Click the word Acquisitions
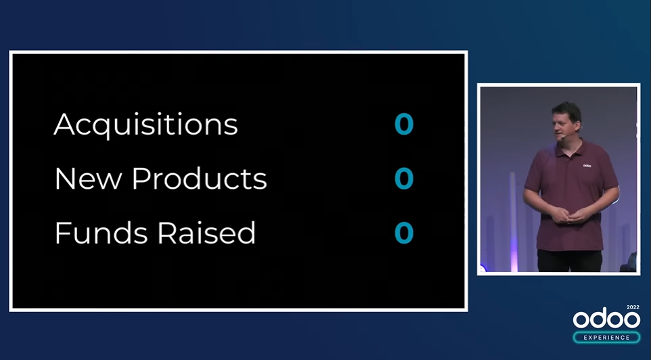[x=145, y=125]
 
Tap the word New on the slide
[x=89, y=179]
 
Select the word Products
[x=199, y=179]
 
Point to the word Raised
[x=206, y=233]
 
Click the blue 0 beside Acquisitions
[x=404, y=124]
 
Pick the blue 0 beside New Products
[x=404, y=178]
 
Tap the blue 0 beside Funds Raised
[x=404, y=233]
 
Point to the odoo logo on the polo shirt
[x=587, y=166]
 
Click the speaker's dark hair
[x=566, y=110]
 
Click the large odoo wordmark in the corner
[x=606, y=319]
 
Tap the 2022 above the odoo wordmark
[x=633, y=307]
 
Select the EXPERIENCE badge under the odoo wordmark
[x=606, y=337]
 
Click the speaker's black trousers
[x=570, y=261]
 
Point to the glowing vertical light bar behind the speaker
[x=513, y=222]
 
